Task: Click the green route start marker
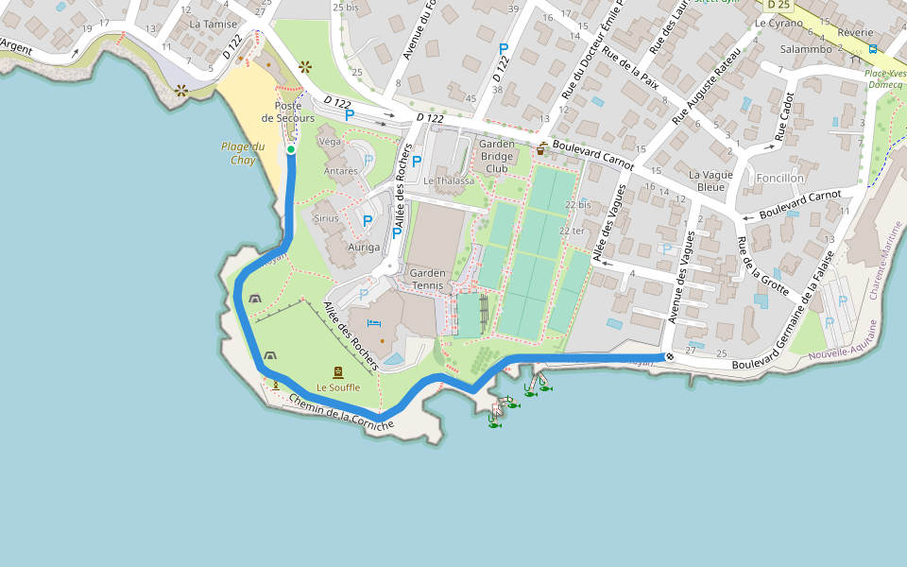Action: click(x=291, y=149)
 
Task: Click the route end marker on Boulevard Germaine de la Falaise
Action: click(x=669, y=356)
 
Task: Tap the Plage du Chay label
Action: click(x=243, y=153)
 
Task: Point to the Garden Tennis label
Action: click(x=428, y=279)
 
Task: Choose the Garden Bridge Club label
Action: click(x=497, y=157)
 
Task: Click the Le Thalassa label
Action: click(x=449, y=180)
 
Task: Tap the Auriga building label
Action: click(x=364, y=248)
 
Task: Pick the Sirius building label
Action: click(x=326, y=218)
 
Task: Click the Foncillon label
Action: click(x=780, y=178)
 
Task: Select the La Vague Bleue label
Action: click(x=710, y=180)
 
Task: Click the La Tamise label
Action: click(x=214, y=24)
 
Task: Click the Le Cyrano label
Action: click(x=779, y=22)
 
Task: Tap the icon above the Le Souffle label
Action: click(x=337, y=371)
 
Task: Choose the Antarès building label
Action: click(x=341, y=171)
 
